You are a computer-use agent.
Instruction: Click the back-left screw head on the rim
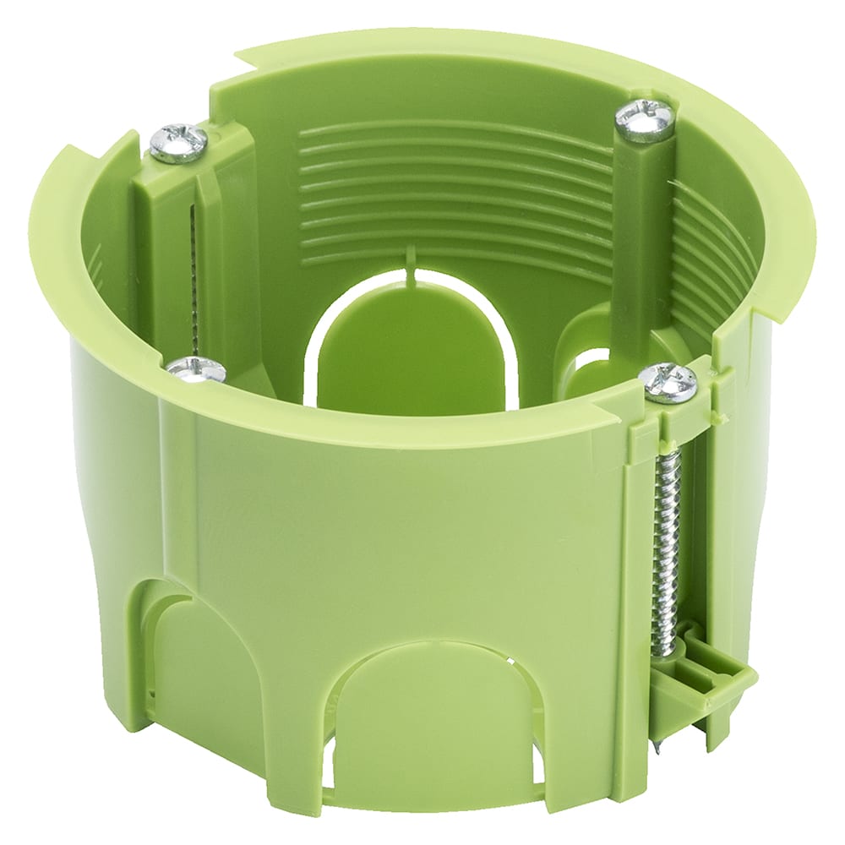tap(178, 143)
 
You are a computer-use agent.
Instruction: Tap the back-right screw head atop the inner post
tap(645, 120)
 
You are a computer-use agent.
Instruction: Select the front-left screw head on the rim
tap(196, 369)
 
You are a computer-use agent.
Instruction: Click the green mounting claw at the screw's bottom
tap(701, 676)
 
